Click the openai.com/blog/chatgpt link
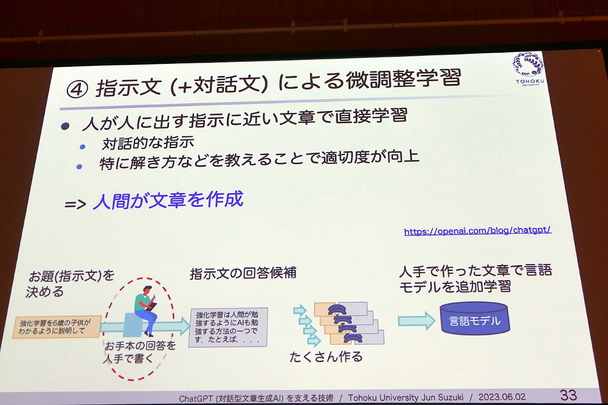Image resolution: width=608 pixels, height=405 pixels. (477, 231)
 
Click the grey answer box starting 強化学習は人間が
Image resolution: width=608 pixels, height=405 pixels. (227, 327)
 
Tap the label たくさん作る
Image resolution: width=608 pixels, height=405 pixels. (326, 356)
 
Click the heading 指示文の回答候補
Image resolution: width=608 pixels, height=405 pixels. (243, 273)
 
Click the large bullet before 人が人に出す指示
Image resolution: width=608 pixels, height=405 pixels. (65, 126)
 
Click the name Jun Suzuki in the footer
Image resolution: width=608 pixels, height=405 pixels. (442, 397)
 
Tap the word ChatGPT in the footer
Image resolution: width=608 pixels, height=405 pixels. (196, 399)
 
